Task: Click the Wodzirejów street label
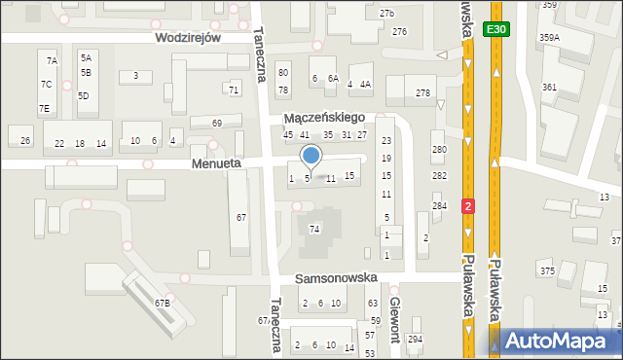click(x=188, y=37)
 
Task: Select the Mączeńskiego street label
click(x=323, y=117)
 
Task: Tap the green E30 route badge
click(x=496, y=30)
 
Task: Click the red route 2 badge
click(x=469, y=206)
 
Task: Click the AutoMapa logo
click(x=560, y=341)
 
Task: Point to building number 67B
click(x=162, y=304)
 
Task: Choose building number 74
click(x=313, y=229)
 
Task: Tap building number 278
click(x=422, y=92)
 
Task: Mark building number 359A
click(x=549, y=37)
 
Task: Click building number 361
click(x=550, y=87)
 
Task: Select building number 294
click(x=416, y=338)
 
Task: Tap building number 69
click(x=217, y=124)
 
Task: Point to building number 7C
click(x=46, y=85)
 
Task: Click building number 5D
click(x=84, y=95)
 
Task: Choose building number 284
click(x=440, y=205)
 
